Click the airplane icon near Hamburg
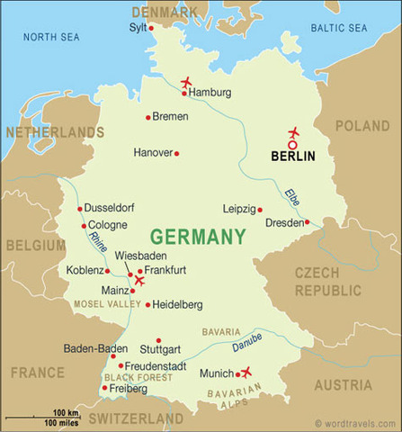click(x=186, y=84)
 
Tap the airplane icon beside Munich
click(x=246, y=372)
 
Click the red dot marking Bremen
click(x=147, y=117)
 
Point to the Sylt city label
click(x=138, y=28)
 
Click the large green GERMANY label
click(x=197, y=237)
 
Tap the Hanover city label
click(x=152, y=153)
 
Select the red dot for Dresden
click(x=307, y=222)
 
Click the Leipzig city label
click(x=239, y=209)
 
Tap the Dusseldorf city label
click(x=111, y=209)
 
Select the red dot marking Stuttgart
click(x=158, y=340)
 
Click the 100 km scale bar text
click(x=66, y=412)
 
